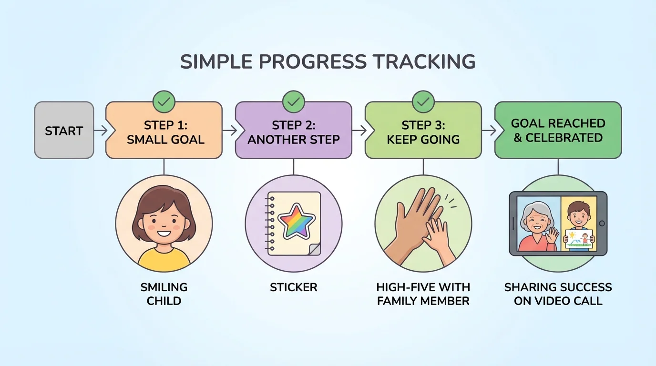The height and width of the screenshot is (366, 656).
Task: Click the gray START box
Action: pyautogui.click(x=64, y=130)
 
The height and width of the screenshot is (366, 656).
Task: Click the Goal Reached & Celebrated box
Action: pyautogui.click(x=558, y=130)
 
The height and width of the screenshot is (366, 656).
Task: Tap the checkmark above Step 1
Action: pyautogui.click(x=164, y=102)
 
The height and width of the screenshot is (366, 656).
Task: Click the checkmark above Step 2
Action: pyautogui.click(x=294, y=102)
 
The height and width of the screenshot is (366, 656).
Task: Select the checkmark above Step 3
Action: pyautogui.click(x=423, y=102)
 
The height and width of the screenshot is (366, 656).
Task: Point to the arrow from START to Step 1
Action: pyautogui.click(x=101, y=130)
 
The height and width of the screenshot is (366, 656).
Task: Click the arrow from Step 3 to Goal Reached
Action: pyautogui.click(x=489, y=130)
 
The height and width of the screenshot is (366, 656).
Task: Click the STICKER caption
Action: pyautogui.click(x=294, y=287)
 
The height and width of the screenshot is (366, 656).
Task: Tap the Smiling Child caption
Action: pyautogui.click(x=164, y=294)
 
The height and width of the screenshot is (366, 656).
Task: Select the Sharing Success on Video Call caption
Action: pyautogui.click(x=558, y=294)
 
